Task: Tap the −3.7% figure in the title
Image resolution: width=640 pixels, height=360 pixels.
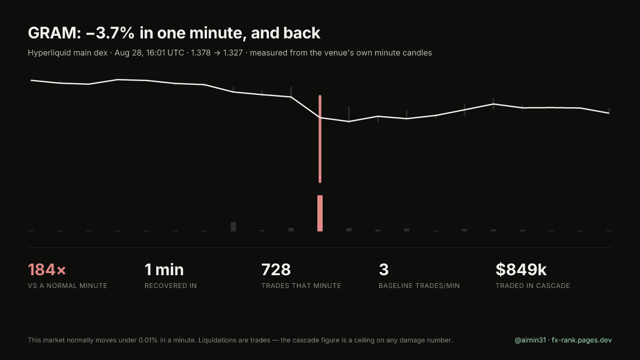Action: pyautogui.click(x=110, y=33)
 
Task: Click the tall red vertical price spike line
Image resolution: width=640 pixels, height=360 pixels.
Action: pyautogui.click(x=320, y=139)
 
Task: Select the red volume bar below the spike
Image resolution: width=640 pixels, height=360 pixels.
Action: pyautogui.click(x=320, y=213)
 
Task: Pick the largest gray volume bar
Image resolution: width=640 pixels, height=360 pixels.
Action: pyautogui.click(x=233, y=227)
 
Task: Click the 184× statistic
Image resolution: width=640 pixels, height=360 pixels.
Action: pyautogui.click(x=47, y=270)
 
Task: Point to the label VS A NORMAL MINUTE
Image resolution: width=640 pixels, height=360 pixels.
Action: pyautogui.click(x=67, y=286)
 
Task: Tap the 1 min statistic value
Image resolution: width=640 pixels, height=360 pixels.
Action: pyautogui.click(x=164, y=270)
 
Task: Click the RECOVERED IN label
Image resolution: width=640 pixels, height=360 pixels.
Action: pyautogui.click(x=171, y=286)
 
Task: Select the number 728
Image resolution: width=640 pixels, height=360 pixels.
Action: pyautogui.click(x=276, y=270)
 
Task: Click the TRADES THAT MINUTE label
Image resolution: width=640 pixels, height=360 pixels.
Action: pyautogui.click(x=301, y=286)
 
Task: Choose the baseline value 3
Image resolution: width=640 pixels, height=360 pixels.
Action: pyautogui.click(x=383, y=270)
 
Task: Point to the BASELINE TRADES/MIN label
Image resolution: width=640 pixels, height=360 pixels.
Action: pyautogui.click(x=419, y=286)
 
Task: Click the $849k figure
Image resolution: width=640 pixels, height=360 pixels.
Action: pyautogui.click(x=521, y=270)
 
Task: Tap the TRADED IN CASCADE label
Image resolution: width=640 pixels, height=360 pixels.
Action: pyautogui.click(x=533, y=286)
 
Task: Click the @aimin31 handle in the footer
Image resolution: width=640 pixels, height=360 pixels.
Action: pyautogui.click(x=530, y=340)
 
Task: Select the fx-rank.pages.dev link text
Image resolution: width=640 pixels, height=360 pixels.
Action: pyautogui.click(x=582, y=340)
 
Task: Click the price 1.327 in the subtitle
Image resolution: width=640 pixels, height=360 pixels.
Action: pyautogui.click(x=233, y=53)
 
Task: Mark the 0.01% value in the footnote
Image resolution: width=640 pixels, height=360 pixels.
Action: pyautogui.click(x=148, y=340)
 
